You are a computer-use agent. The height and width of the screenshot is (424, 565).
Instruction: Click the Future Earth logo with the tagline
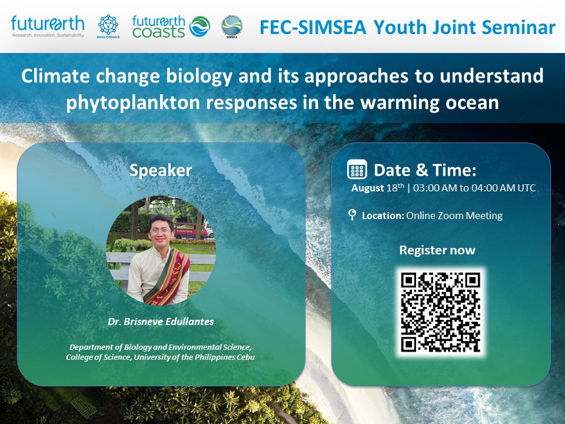(48, 26)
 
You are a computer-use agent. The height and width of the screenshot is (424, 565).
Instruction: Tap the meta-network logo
(108, 26)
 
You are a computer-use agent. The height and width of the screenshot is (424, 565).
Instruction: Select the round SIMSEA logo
(232, 26)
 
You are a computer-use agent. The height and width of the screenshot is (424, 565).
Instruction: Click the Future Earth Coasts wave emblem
(200, 26)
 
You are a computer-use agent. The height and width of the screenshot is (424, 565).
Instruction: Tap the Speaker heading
(160, 170)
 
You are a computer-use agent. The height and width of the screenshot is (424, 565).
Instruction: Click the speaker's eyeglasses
(160, 230)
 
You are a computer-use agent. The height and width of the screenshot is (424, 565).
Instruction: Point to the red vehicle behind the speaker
(191, 231)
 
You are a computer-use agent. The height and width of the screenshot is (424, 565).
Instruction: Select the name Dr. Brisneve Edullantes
(161, 322)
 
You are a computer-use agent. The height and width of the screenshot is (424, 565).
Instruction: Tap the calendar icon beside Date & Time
(357, 170)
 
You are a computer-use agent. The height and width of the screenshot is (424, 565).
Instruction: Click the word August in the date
(367, 188)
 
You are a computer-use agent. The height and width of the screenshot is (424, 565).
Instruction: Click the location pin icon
(353, 214)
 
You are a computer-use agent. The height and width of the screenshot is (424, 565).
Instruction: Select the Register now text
(437, 250)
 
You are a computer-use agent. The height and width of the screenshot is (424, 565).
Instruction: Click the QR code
(440, 312)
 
